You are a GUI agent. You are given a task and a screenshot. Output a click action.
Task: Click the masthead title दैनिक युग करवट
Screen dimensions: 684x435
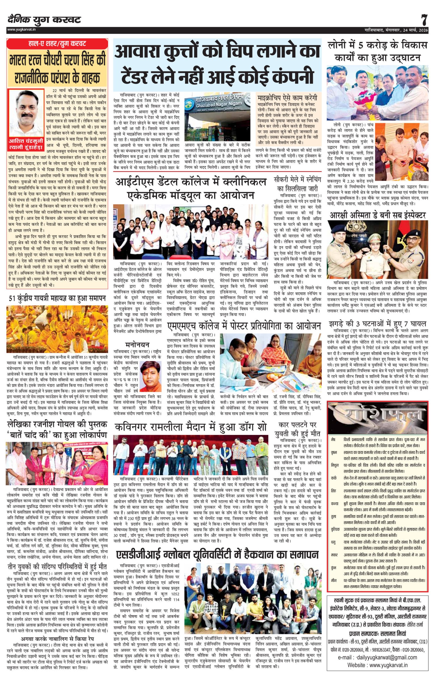(44, 20)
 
